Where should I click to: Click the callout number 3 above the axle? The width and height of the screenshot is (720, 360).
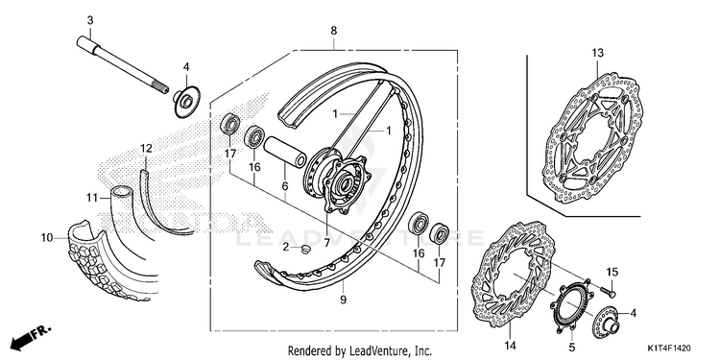(x=90, y=20)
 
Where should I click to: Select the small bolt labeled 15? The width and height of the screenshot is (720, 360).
(x=608, y=291)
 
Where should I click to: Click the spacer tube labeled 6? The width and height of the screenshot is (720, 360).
(x=285, y=152)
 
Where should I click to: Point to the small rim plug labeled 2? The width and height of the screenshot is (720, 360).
(x=305, y=249)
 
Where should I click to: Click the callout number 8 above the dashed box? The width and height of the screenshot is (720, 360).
(x=334, y=31)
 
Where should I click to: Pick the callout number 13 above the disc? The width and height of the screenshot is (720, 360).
(x=597, y=53)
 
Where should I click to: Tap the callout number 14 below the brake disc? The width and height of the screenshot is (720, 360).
(x=511, y=345)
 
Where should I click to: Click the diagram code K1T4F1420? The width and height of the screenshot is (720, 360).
(x=669, y=348)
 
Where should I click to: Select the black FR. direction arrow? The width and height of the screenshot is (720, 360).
(x=32, y=336)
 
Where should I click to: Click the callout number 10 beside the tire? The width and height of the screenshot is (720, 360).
(x=47, y=238)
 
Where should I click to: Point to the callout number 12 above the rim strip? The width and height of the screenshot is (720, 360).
(x=146, y=148)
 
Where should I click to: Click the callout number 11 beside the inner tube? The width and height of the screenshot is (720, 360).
(x=92, y=198)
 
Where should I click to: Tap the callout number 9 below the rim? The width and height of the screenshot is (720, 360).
(x=344, y=300)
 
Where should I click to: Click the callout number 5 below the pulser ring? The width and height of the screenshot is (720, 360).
(x=572, y=346)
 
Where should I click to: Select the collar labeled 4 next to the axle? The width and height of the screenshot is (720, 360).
(x=187, y=101)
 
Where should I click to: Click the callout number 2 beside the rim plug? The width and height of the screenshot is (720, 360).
(x=285, y=248)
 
